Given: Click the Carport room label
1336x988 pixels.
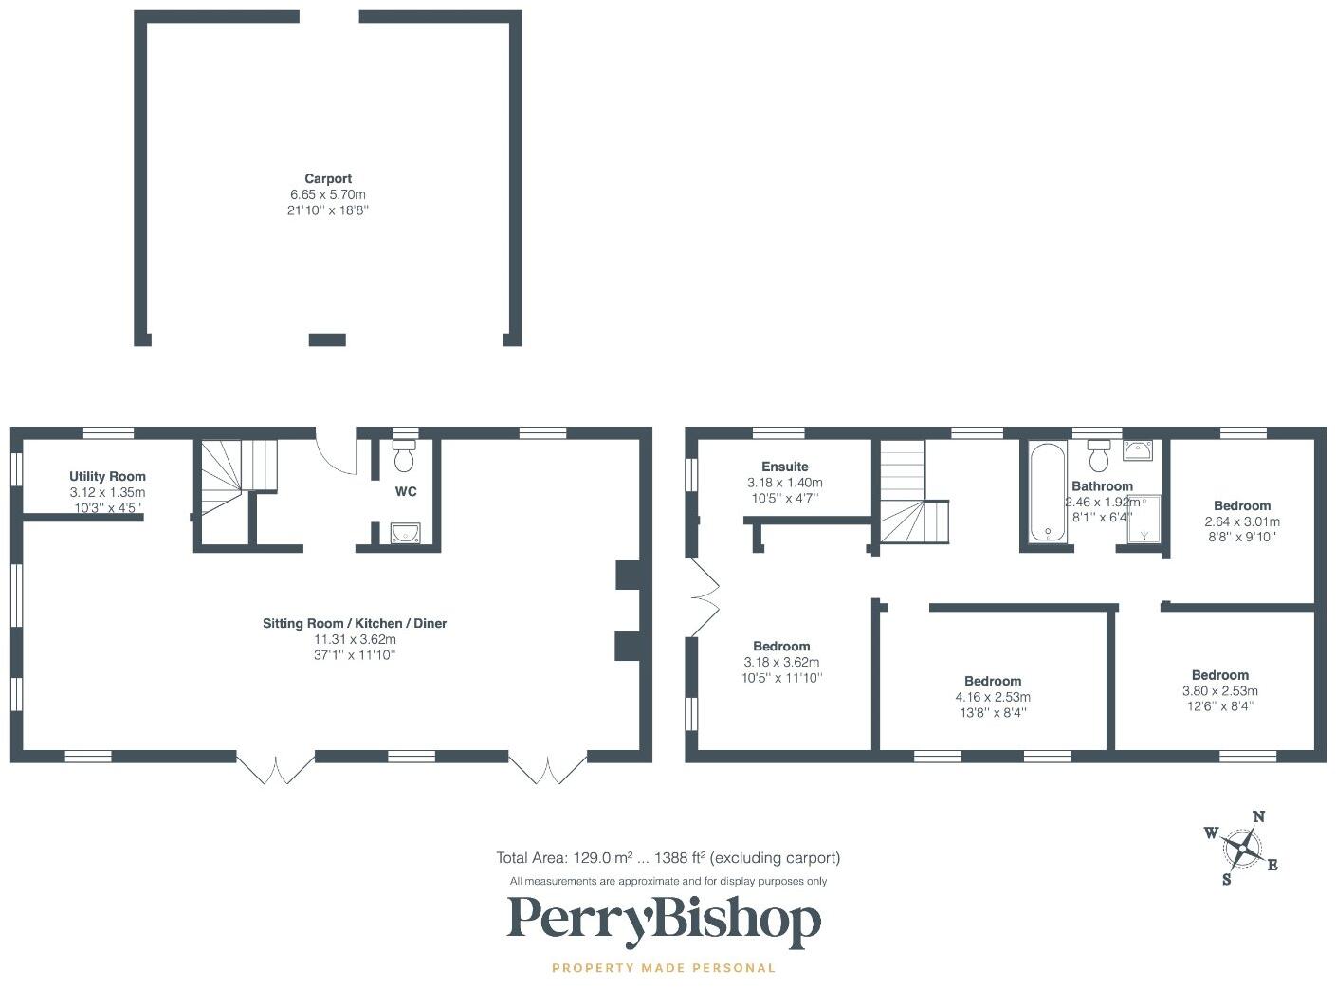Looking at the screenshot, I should [328, 178].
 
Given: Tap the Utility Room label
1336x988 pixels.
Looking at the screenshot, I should [107, 476].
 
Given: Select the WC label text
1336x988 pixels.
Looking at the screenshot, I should [406, 491].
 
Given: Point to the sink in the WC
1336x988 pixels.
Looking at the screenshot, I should [405, 534].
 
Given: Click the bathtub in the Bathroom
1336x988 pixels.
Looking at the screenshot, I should [1047, 491].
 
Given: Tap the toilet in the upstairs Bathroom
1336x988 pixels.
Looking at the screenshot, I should [1100, 457].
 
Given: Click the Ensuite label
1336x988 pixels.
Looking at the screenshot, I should [785, 467].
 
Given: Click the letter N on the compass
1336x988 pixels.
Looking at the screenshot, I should [1259, 816].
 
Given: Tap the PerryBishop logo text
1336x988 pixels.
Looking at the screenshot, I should [664, 920].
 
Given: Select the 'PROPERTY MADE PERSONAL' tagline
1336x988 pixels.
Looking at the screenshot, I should [664, 968].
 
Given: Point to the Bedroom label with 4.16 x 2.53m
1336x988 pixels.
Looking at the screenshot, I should [993, 681].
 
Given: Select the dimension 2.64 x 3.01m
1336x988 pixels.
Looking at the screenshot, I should [1242, 521].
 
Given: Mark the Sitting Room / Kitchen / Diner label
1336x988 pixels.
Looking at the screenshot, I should [355, 623].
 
